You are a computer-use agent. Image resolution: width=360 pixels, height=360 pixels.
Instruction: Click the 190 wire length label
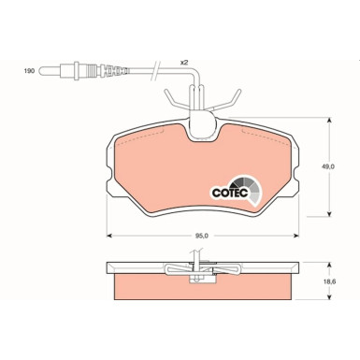pyautogui.click(x=28, y=69)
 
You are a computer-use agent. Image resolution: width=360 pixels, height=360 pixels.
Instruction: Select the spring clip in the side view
pyautogui.click(x=198, y=271)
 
